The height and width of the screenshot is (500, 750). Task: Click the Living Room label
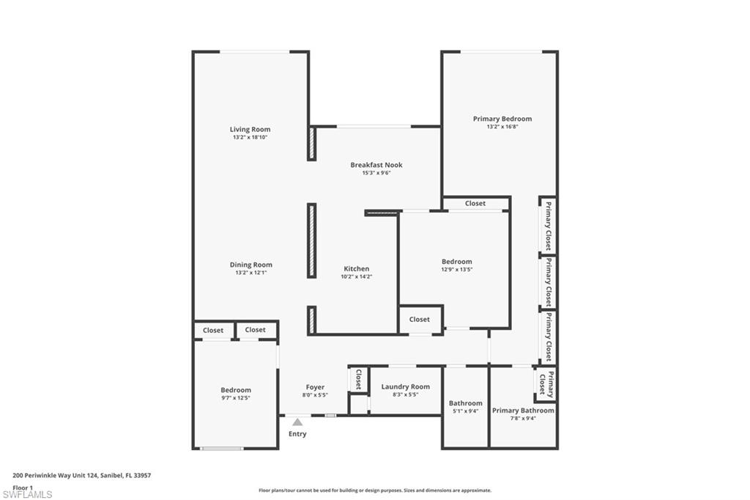250,130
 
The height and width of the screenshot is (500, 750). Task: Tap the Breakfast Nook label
376,165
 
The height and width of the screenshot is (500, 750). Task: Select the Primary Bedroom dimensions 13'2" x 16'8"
502,127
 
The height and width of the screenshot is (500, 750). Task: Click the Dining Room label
250,265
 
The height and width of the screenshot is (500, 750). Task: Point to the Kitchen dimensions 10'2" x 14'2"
357,277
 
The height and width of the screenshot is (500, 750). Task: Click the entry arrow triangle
297,422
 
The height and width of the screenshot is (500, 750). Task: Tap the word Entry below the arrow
297,434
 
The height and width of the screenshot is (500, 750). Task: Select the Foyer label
315,387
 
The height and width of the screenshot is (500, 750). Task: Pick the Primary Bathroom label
523,411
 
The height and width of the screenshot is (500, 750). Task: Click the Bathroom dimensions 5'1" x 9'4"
465,411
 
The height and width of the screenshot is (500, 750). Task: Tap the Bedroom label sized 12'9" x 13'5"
456,262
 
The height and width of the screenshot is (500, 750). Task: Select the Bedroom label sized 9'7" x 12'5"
236,390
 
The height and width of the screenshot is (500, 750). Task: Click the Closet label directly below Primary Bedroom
475,203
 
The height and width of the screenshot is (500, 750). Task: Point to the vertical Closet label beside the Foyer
358,379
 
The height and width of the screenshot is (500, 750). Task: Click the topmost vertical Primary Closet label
547,226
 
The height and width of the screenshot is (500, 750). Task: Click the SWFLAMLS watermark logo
27,494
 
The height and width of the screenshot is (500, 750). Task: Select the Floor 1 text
23,487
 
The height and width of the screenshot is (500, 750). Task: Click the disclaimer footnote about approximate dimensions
374,490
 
